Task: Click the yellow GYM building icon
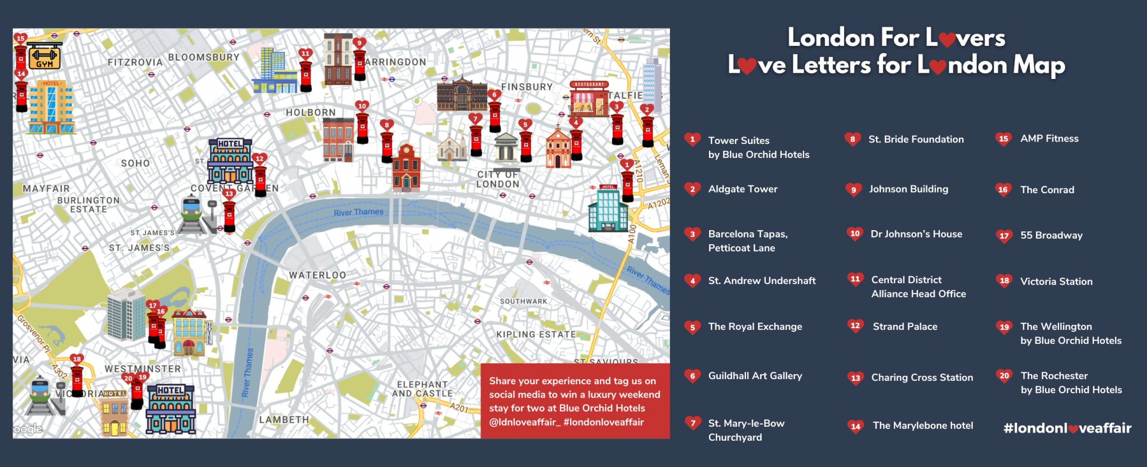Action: click(x=44, y=57)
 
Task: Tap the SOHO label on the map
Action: click(x=136, y=164)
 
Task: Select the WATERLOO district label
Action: click(x=318, y=275)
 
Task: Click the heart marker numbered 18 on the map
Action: click(x=77, y=359)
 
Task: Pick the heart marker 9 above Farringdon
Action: click(x=360, y=43)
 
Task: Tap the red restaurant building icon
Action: click(x=589, y=99)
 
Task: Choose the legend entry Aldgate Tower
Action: click(x=743, y=189)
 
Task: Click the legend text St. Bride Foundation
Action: click(x=916, y=139)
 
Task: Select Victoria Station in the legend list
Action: click(x=1056, y=282)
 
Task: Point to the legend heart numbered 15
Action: click(x=1003, y=139)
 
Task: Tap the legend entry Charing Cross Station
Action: click(x=922, y=377)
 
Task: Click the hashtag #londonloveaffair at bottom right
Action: click(x=1067, y=428)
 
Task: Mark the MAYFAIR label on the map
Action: click(x=46, y=189)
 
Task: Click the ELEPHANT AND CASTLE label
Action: click(x=422, y=389)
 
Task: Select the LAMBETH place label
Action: click(x=284, y=419)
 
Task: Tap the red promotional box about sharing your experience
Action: click(x=575, y=401)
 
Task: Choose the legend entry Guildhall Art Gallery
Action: click(x=755, y=376)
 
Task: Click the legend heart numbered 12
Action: click(x=855, y=326)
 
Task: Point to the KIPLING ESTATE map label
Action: click(x=536, y=334)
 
